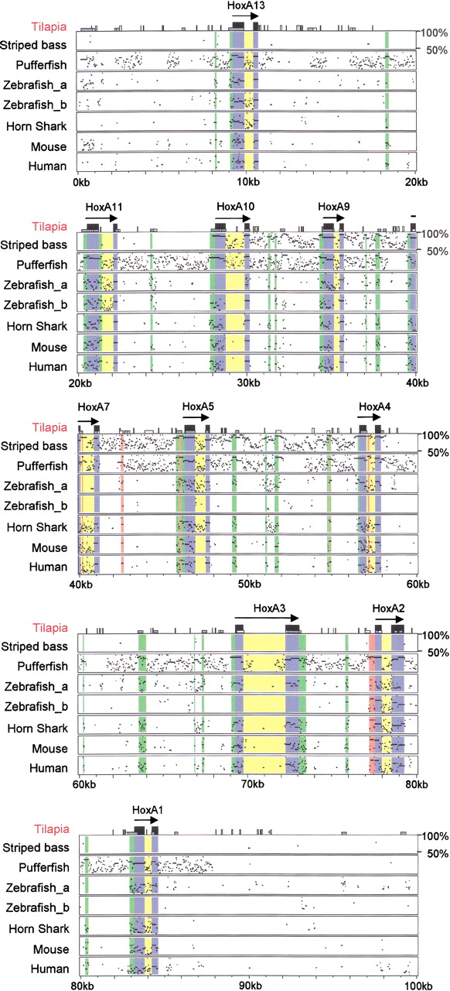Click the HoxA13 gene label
pyautogui.click(x=246, y=5)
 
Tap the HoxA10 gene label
pyautogui.click(x=235, y=207)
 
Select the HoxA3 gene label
pyautogui.click(x=269, y=609)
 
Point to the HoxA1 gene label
pyautogui.click(x=148, y=810)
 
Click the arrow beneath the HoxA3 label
pyautogui.click(x=267, y=618)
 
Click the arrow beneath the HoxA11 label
pyautogui.click(x=101, y=218)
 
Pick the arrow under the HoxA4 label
pyautogui.click(x=369, y=417)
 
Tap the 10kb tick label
pyautogui.click(x=247, y=182)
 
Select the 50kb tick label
pyautogui.click(x=249, y=584)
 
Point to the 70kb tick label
pyautogui.click(x=252, y=784)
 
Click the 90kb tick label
pyautogui.click(x=251, y=986)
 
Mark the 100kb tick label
pyautogui.click(x=418, y=986)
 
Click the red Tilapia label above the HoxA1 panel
pyautogui.click(x=52, y=829)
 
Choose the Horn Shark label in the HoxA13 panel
pyautogui.click(x=36, y=126)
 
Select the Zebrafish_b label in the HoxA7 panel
pyautogui.click(x=36, y=506)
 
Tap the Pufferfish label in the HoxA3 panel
pyautogui.click(x=43, y=667)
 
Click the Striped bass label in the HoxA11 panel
pyautogui.click(x=33, y=245)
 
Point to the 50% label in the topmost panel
pyautogui.click(x=437, y=50)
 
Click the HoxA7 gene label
pyautogui.click(x=94, y=407)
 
